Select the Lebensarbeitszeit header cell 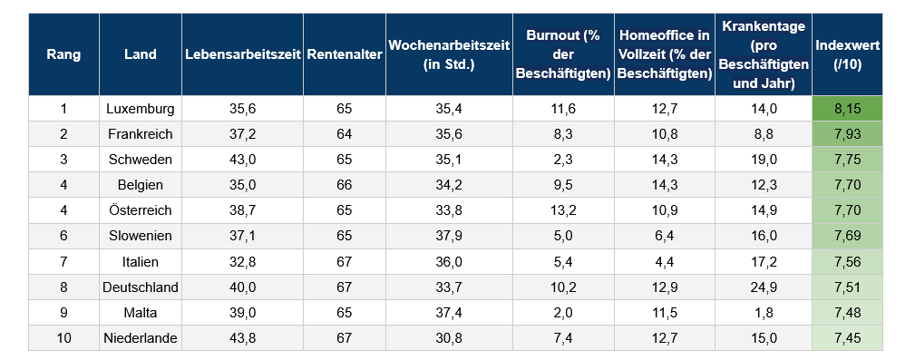pos(242,54)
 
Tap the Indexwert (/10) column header pos(847,54)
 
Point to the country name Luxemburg pos(140,109)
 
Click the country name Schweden pos(140,160)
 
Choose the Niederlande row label pos(140,338)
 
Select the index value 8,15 pos(847,109)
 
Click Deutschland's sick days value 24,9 pos(764,287)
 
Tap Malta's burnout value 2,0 pos(562,313)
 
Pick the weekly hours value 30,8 pos(450,338)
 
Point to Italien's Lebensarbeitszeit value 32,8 pos(242,262)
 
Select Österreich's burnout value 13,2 pos(562,210)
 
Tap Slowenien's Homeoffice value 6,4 pos(664,236)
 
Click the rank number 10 pos(63,338)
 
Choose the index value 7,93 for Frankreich pos(847,134)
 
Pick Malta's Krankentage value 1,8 pos(764,313)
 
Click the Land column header pos(140,54)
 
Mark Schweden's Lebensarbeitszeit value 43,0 pos(242,160)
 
